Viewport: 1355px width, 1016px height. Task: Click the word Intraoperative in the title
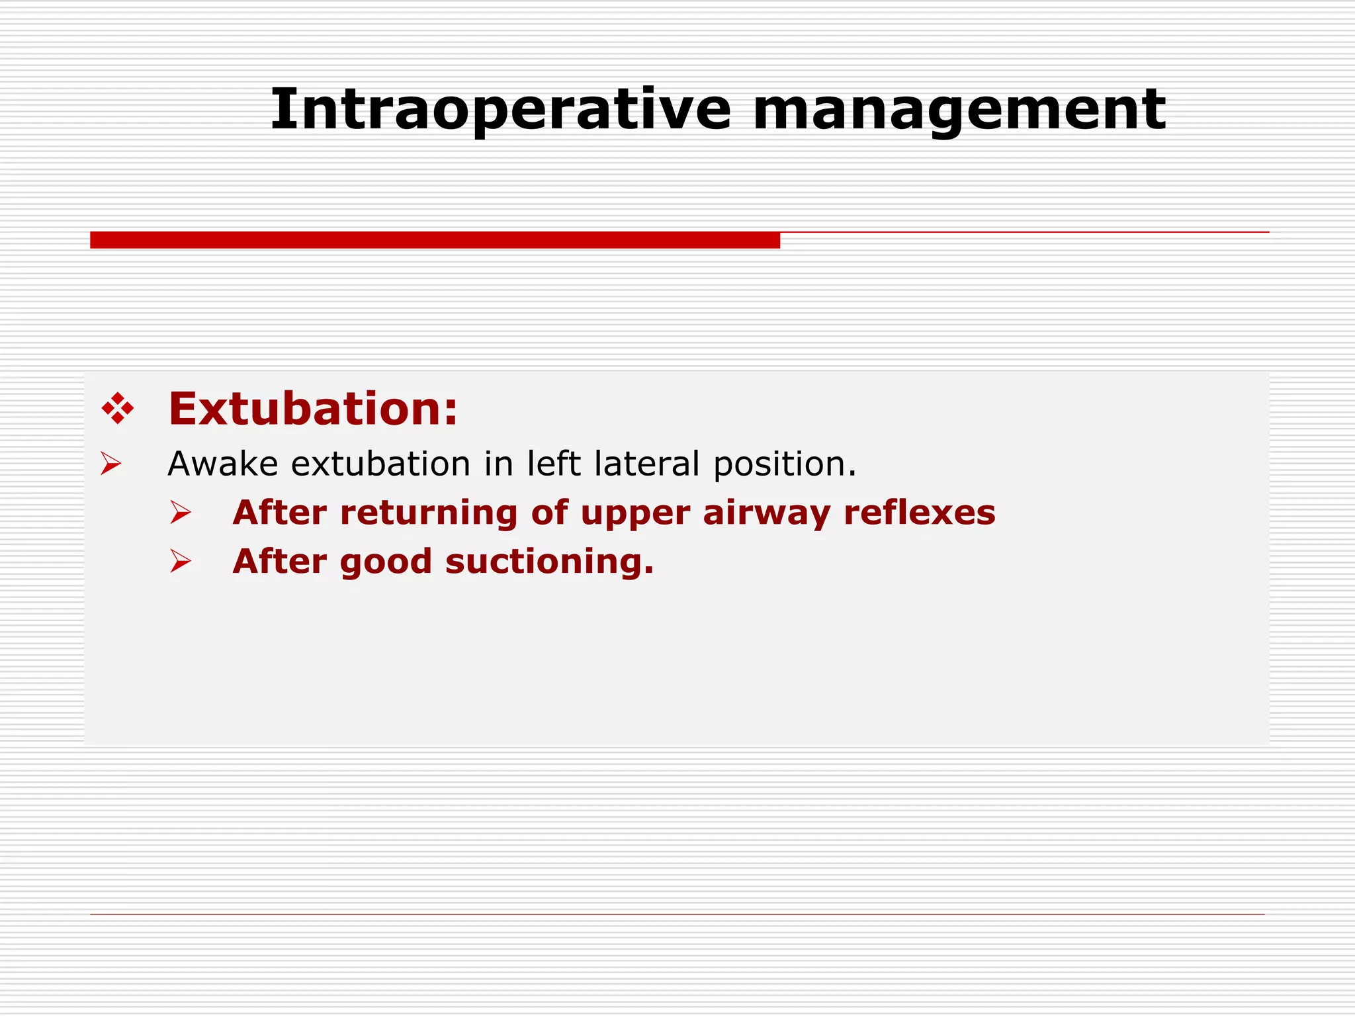pos(500,110)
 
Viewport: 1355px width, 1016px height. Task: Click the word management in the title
pos(959,110)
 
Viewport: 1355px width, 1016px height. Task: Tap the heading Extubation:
pos(312,409)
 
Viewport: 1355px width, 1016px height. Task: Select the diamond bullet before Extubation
pos(118,409)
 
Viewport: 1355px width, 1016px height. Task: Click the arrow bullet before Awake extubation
pos(110,464)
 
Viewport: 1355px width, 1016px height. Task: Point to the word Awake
pos(222,464)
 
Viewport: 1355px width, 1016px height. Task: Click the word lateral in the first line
pos(646,464)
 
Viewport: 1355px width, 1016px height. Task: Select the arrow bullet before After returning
pos(180,513)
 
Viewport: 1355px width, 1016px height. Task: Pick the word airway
pos(766,513)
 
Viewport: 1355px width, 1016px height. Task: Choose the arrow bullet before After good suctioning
pos(180,562)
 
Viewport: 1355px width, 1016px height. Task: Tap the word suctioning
pos(549,562)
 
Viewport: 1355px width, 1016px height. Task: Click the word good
pos(385,562)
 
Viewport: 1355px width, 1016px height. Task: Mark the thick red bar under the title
pos(435,240)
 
